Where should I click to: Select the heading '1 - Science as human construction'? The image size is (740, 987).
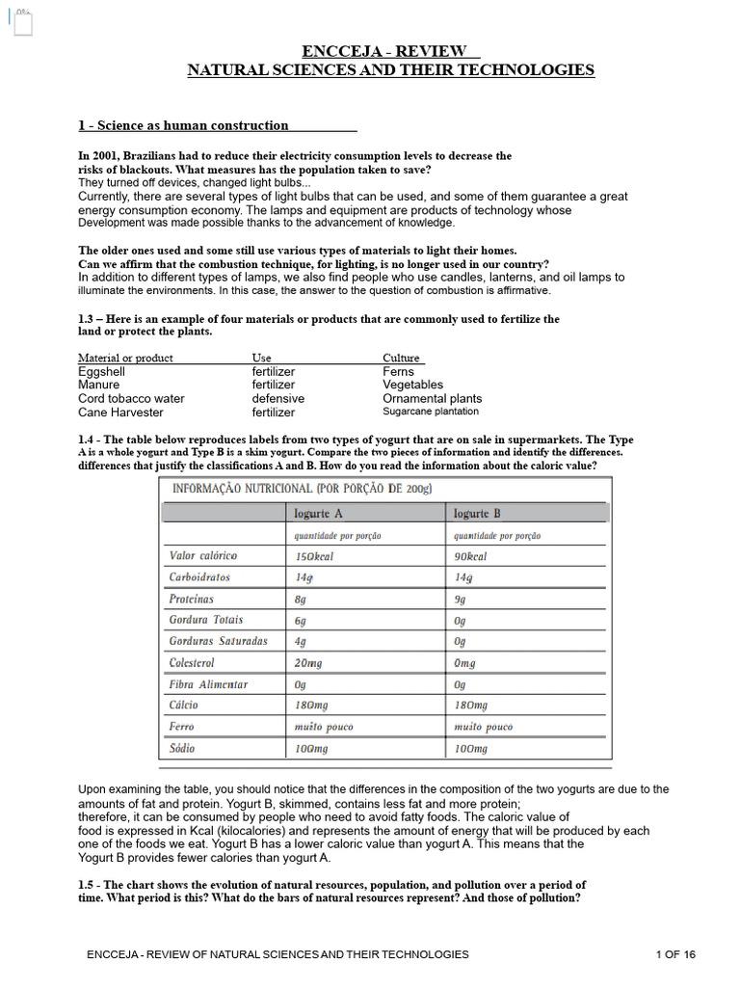pos(183,125)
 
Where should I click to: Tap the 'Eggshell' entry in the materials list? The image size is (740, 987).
pos(102,371)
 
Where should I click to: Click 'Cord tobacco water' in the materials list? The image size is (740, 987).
pos(131,398)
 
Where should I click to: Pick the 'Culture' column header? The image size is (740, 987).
pos(402,358)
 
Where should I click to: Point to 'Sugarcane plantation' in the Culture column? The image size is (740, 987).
pos(430,412)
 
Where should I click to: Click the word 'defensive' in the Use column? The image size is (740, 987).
pos(277,398)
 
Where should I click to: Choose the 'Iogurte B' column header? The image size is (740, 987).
pos(477,514)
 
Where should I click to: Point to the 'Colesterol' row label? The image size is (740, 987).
pos(192,663)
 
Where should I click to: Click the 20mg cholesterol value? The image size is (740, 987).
pos(308,663)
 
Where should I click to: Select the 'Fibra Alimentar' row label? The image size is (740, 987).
pos(208,684)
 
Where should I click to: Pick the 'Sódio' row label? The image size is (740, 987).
pos(183,748)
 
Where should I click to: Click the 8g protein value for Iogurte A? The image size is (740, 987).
pos(302,599)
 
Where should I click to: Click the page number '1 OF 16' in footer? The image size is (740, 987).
pos(674,954)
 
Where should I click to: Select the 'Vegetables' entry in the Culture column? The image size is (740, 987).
pos(412,385)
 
